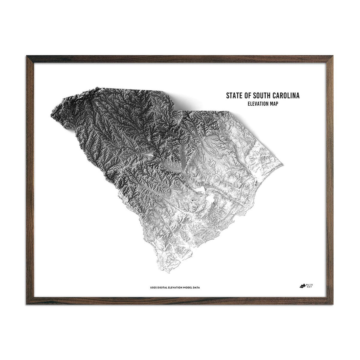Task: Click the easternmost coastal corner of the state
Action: point(283,164)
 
